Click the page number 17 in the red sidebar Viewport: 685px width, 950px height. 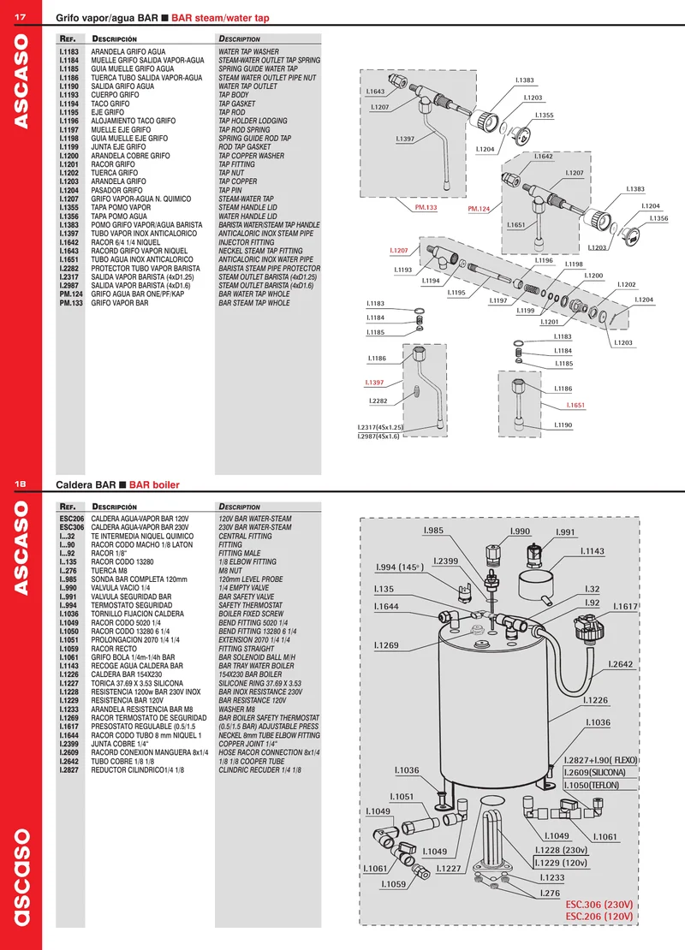tap(20, 17)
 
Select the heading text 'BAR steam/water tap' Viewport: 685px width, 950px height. tap(220, 18)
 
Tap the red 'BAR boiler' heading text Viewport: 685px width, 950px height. tap(154, 484)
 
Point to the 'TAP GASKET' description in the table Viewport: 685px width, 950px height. tap(237, 104)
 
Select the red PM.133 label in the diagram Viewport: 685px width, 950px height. tap(426, 207)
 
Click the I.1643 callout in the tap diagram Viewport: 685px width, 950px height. tap(375, 92)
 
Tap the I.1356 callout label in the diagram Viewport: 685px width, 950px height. tap(659, 218)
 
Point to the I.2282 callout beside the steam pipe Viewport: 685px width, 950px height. tap(378, 401)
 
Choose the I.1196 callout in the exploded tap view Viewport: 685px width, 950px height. tap(544, 260)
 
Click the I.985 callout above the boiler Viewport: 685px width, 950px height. tap(433, 530)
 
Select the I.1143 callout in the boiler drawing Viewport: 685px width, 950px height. tap(593, 551)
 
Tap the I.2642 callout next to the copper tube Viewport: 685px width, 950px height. tap(620, 664)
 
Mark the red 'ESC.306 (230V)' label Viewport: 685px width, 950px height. tap(599, 905)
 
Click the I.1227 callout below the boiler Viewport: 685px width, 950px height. tap(449, 869)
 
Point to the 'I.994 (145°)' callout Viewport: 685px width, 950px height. tap(400, 567)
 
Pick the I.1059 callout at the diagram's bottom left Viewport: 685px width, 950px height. tap(393, 885)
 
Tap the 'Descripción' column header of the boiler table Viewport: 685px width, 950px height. tap(114, 507)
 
